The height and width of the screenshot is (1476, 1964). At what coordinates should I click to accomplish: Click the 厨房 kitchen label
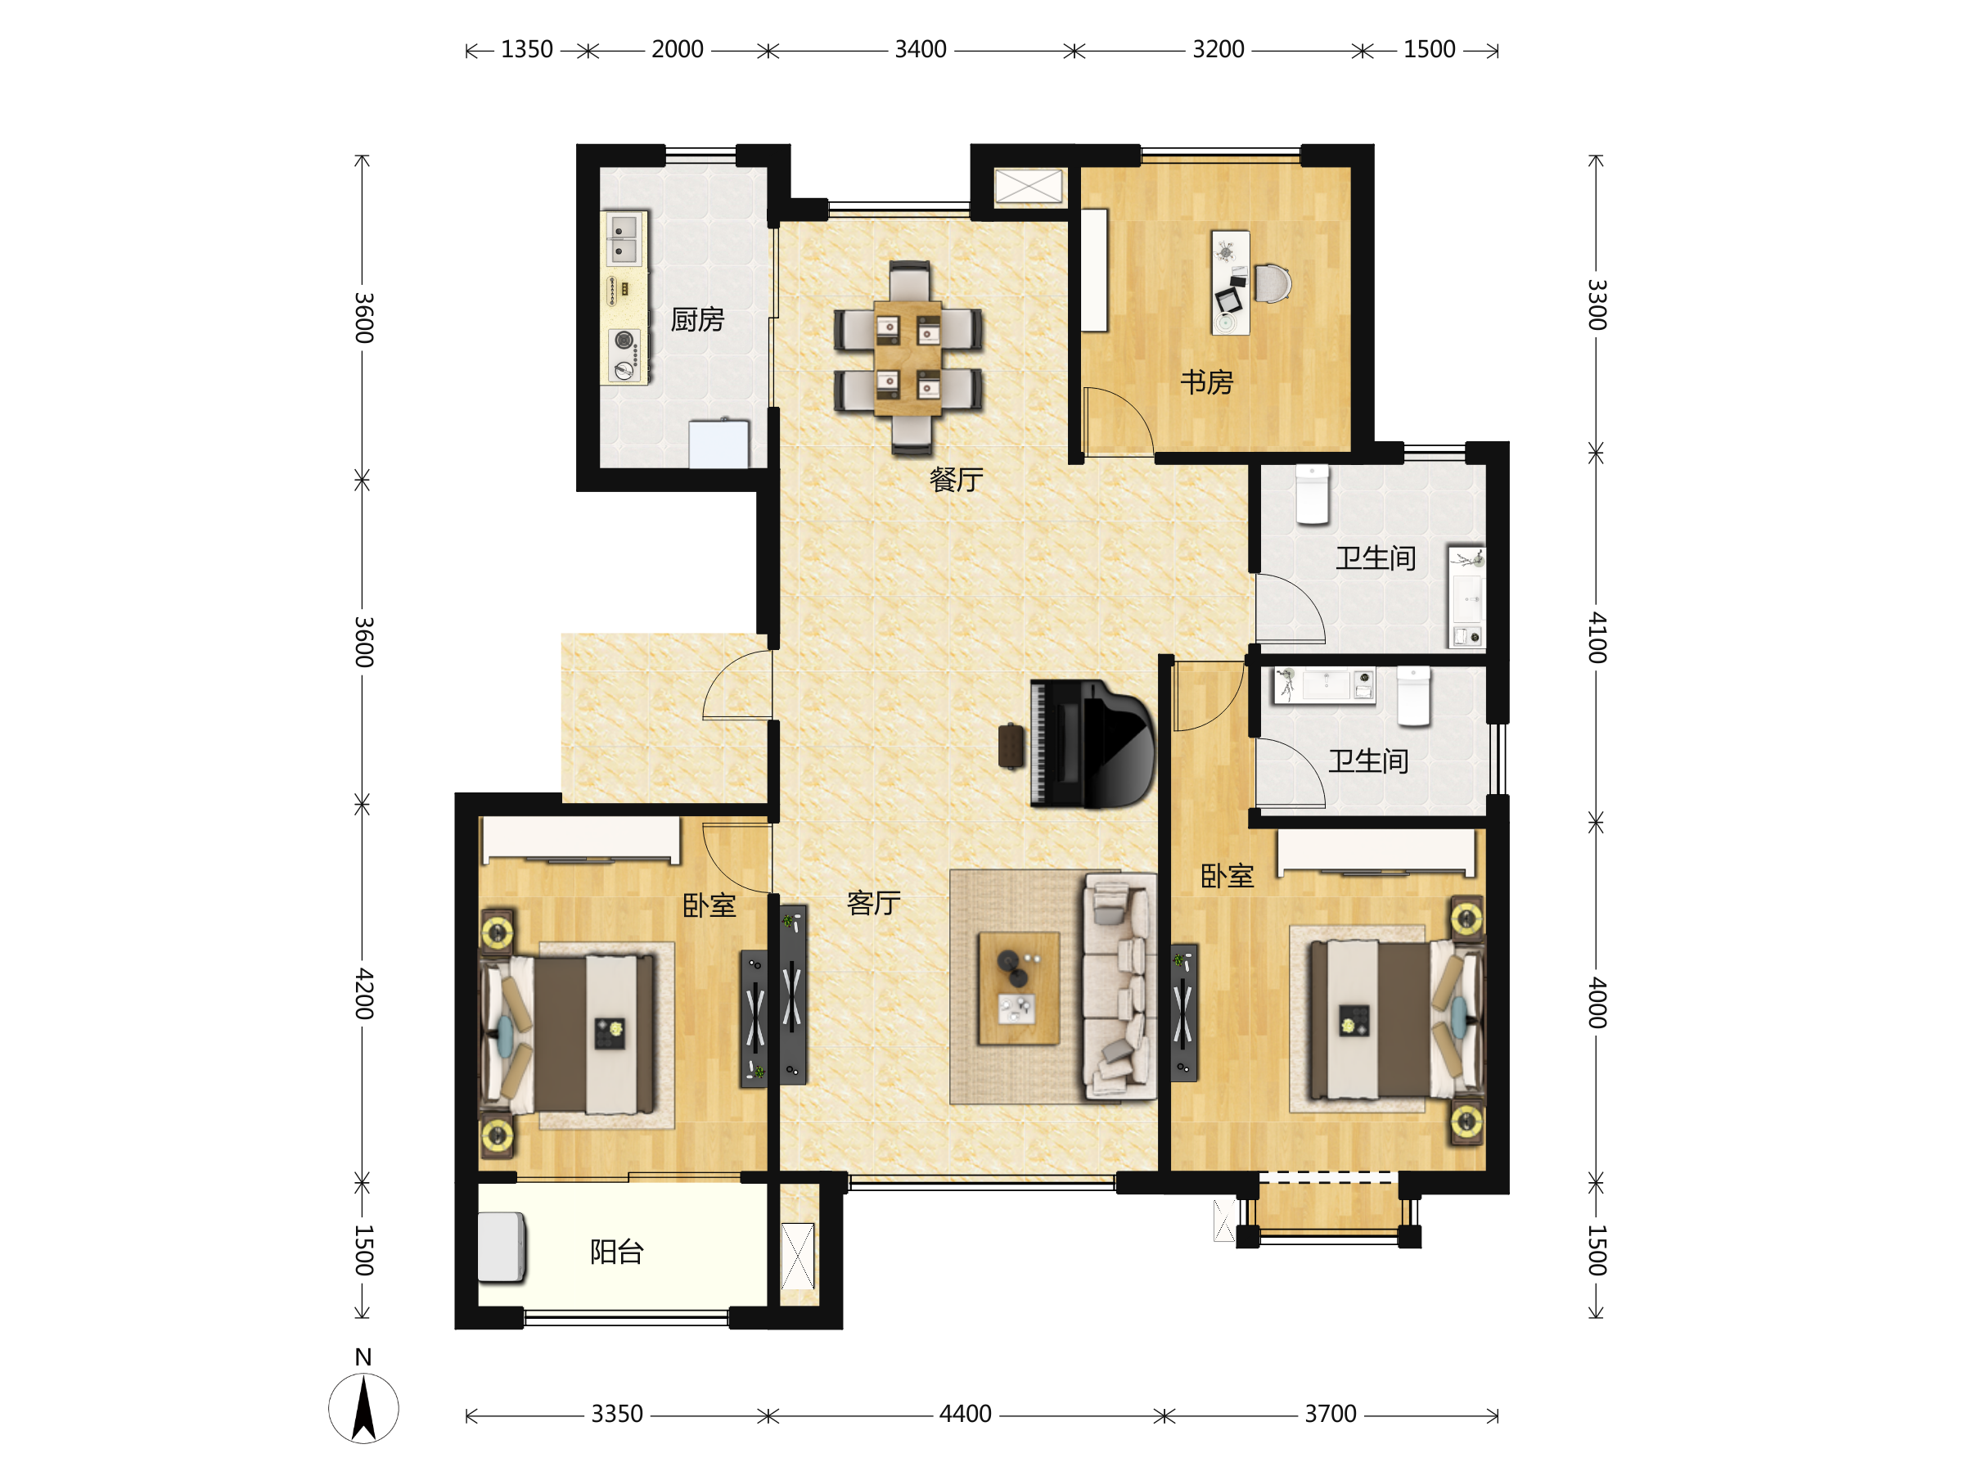[x=697, y=320]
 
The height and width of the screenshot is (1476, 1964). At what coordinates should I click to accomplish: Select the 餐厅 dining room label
[x=957, y=480]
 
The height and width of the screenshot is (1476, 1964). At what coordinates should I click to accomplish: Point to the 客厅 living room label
[x=874, y=903]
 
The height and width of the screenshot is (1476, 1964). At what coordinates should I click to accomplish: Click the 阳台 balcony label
[x=617, y=1253]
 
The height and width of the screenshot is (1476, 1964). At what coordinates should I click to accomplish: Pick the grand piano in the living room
[x=1092, y=743]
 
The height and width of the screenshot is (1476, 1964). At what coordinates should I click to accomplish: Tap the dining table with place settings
[x=908, y=358]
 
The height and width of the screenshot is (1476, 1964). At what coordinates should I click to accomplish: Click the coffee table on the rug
[x=1018, y=987]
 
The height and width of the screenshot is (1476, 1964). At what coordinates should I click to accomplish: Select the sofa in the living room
[x=1119, y=986]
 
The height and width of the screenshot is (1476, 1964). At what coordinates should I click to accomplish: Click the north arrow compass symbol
[x=363, y=1407]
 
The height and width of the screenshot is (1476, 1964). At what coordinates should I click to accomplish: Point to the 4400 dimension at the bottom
[x=965, y=1414]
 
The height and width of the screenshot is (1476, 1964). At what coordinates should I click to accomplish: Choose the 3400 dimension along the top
[x=921, y=50]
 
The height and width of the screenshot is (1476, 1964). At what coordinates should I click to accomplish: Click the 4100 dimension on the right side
[x=1597, y=638]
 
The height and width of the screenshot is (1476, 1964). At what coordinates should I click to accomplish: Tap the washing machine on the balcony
[x=502, y=1248]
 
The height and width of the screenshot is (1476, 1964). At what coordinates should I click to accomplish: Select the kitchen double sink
[x=625, y=238]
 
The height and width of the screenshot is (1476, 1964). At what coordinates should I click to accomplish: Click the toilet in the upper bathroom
[x=1313, y=494]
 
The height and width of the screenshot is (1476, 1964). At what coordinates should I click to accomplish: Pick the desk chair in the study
[x=1273, y=283]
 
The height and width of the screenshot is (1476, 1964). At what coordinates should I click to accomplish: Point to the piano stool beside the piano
[x=1011, y=746]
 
